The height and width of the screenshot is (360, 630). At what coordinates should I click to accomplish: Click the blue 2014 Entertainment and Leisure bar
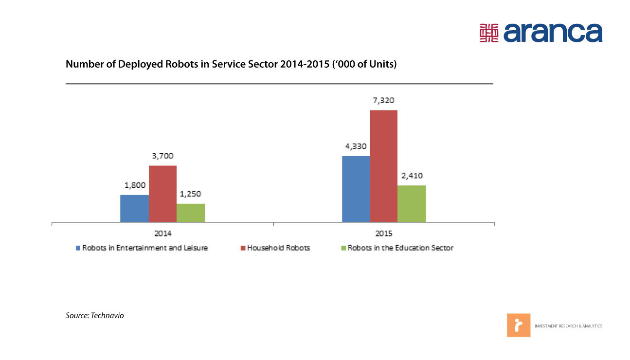pyautogui.click(x=134, y=209)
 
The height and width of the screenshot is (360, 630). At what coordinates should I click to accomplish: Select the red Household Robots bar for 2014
pyautogui.click(x=162, y=194)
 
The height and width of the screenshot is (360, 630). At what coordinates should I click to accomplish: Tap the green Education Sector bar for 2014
pyautogui.click(x=191, y=213)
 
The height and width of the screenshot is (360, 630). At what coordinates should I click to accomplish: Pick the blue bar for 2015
pyautogui.click(x=356, y=189)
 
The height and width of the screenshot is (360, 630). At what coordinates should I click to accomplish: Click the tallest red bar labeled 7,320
pyautogui.click(x=383, y=166)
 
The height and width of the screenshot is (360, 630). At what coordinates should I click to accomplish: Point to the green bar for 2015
pyautogui.click(x=412, y=204)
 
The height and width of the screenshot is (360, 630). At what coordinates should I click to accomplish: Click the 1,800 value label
pyautogui.click(x=134, y=185)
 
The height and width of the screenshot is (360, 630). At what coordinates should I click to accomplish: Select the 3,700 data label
pyautogui.click(x=162, y=156)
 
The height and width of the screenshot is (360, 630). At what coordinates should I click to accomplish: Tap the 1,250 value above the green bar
pyautogui.click(x=191, y=194)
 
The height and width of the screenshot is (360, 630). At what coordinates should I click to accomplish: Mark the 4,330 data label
pyautogui.click(x=356, y=146)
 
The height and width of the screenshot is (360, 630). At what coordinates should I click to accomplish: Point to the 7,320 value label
pyautogui.click(x=383, y=101)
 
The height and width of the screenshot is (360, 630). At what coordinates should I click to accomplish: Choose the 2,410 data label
pyautogui.click(x=412, y=176)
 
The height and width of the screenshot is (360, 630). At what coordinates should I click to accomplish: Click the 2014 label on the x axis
pyautogui.click(x=162, y=233)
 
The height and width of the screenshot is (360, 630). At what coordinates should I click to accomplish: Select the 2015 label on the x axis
pyautogui.click(x=384, y=233)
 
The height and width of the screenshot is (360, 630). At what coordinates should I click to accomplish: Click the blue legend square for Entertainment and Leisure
pyautogui.click(x=78, y=248)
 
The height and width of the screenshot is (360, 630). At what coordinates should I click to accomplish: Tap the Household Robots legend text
pyautogui.click(x=278, y=248)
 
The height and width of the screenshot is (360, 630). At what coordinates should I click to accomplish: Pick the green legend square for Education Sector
pyautogui.click(x=343, y=248)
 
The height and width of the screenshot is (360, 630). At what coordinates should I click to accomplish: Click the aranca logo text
pyautogui.click(x=553, y=32)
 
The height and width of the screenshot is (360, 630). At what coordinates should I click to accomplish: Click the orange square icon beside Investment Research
pyautogui.click(x=519, y=325)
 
